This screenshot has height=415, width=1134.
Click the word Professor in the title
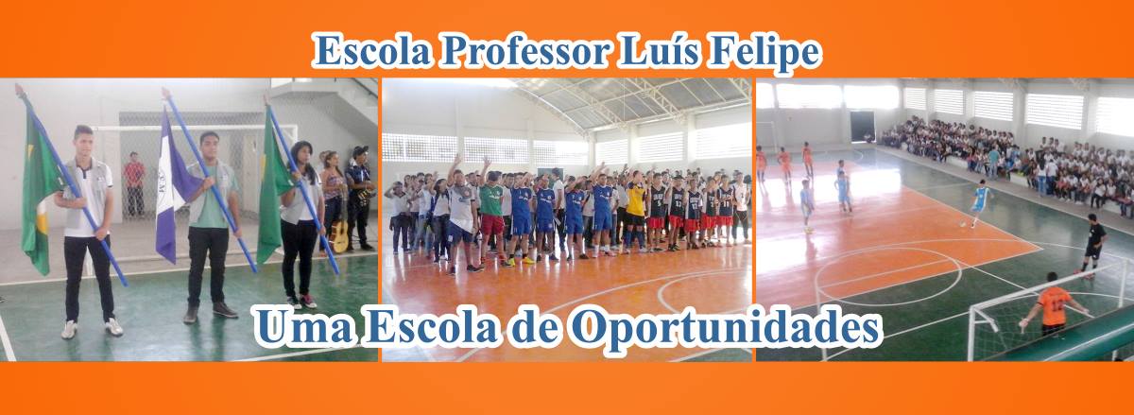(x=525, y=52)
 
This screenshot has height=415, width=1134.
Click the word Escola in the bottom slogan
(x=431, y=326)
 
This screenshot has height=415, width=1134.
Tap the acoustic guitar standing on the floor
(x=338, y=235)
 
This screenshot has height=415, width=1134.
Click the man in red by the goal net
(x=134, y=183)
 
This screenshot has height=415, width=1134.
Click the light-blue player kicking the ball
(x=980, y=202)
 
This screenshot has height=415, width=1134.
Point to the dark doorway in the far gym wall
(x=862, y=126)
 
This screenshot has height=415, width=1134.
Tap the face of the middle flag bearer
(x=209, y=143)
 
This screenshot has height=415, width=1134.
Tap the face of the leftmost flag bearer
(x=84, y=138)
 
